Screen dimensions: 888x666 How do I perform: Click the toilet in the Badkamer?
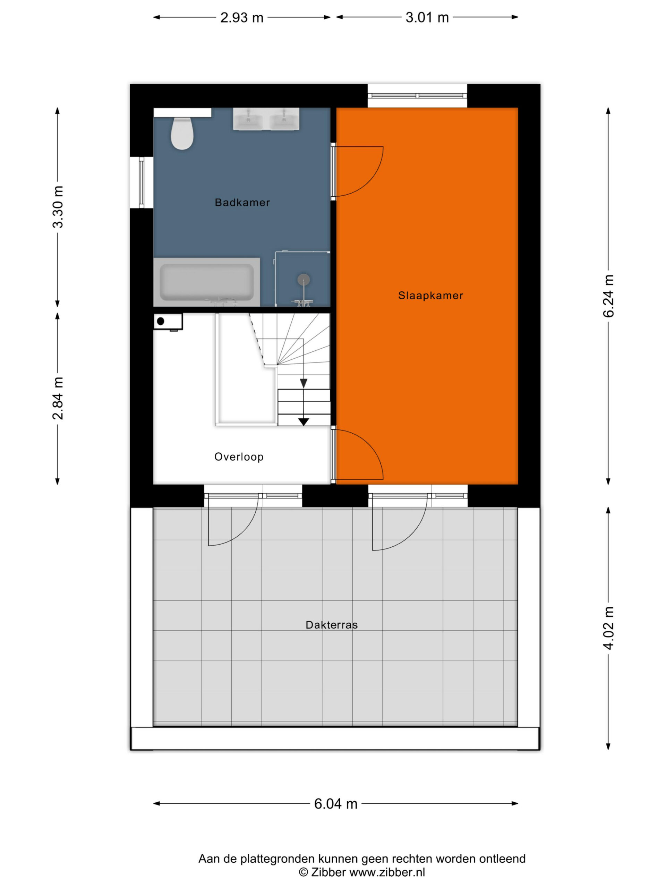tap(182, 133)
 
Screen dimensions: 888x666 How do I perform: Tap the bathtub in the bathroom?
tap(206, 282)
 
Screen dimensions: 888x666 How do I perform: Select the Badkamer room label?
tap(242, 202)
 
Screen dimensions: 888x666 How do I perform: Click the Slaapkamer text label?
tap(430, 296)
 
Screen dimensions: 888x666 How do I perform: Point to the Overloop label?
tap(239, 456)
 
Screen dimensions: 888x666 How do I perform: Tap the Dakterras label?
tap(331, 625)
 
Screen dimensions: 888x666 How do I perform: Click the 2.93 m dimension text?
tap(242, 18)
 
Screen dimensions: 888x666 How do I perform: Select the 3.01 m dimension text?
tap(427, 18)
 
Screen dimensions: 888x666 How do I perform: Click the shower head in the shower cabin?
tap(304, 279)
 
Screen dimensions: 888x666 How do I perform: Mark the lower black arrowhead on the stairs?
tap(304, 421)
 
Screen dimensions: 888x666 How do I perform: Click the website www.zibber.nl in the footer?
tap(387, 872)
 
